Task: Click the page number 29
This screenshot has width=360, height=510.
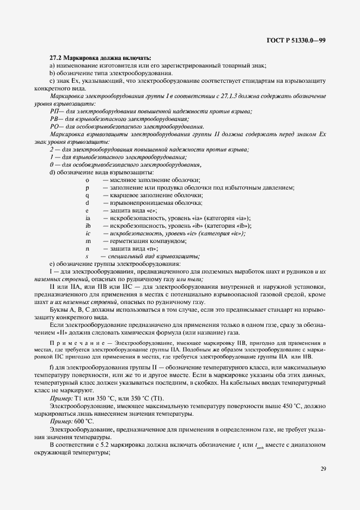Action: pos(322,468)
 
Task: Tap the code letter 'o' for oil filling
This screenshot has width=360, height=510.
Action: pos(87,180)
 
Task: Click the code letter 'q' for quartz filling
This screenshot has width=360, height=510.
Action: pos(87,195)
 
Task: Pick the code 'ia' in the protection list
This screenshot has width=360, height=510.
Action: pos(88,218)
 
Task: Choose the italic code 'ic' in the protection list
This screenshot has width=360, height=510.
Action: pos(88,233)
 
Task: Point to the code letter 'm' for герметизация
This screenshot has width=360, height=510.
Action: pos(88,241)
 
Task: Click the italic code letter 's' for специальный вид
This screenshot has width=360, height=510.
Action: pos(87,256)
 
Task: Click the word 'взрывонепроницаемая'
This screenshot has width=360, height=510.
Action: pos(138,203)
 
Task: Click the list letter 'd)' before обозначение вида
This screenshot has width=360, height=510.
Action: pos(52,172)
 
